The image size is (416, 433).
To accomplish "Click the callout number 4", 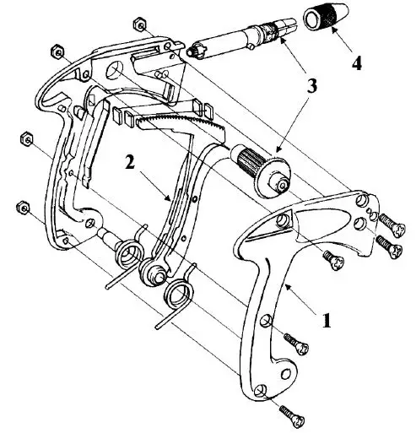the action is (x=356, y=63).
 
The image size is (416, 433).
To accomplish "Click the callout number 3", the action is (x=311, y=85).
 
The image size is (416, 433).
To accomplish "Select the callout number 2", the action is (x=130, y=163).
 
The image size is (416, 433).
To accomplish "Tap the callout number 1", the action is (x=327, y=320).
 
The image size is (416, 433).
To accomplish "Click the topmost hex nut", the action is (x=138, y=24).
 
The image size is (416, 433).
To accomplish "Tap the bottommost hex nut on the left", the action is (x=23, y=208).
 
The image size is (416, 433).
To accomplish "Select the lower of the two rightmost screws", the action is (x=390, y=246).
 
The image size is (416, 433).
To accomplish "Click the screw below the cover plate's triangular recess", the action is (x=334, y=260).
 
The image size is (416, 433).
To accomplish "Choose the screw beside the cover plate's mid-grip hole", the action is (x=296, y=344).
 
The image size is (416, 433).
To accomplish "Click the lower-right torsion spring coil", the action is (x=179, y=295).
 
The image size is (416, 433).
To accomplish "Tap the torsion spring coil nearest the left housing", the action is (x=130, y=253).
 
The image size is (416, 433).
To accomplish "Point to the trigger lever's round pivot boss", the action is (x=154, y=273).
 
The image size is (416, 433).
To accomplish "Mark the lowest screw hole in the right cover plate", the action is (x=262, y=392).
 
